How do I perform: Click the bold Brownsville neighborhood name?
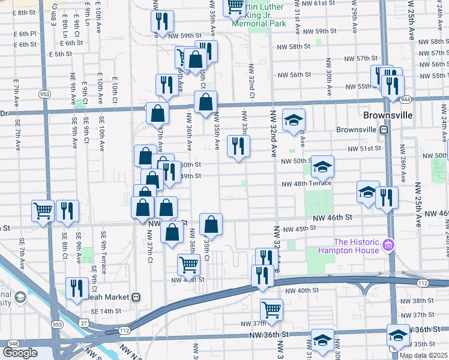(388, 115)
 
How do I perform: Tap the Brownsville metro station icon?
(383, 130)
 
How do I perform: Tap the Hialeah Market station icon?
(137, 296)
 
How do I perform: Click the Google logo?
(20, 353)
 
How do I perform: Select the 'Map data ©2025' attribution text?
(424, 355)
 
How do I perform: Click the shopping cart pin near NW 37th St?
(271, 310)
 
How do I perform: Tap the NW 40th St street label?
(300, 290)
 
